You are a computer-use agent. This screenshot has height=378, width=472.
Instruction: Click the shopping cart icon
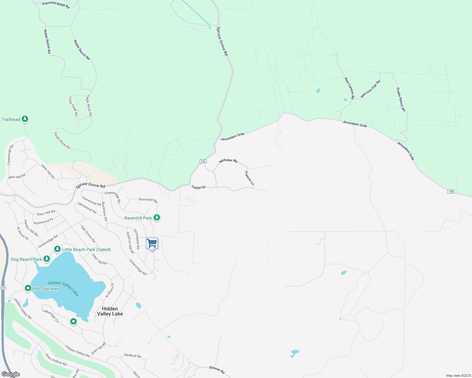(152, 243)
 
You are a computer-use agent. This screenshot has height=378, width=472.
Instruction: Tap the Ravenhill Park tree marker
(156, 217)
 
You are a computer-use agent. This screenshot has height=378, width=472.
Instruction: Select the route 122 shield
(203, 161)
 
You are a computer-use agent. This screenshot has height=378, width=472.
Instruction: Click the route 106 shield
(451, 192)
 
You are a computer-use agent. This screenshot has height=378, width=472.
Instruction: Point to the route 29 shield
(3, 288)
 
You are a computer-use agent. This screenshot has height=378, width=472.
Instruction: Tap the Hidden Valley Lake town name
(110, 311)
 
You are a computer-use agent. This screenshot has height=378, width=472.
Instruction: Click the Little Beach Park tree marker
(57, 249)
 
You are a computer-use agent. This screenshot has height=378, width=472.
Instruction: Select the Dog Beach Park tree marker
(47, 259)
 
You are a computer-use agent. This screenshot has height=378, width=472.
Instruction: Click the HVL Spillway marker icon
(28, 288)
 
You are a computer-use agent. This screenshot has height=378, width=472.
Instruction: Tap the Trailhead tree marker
(25, 119)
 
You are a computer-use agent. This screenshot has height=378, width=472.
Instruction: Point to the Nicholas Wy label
(228, 160)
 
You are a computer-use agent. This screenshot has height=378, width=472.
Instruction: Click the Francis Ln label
(249, 178)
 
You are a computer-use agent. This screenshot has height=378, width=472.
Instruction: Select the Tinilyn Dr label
(198, 187)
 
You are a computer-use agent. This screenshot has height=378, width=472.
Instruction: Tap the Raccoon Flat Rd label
(371, 89)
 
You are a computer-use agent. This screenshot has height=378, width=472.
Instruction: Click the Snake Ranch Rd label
(401, 99)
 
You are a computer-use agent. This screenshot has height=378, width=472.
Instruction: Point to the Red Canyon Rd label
(349, 88)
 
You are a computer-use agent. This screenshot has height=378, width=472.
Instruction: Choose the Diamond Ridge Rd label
(56, 5)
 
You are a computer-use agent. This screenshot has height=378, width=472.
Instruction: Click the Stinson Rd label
(217, 370)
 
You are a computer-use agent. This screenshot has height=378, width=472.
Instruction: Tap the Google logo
(10, 374)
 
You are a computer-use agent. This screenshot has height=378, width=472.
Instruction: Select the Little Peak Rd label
(73, 106)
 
